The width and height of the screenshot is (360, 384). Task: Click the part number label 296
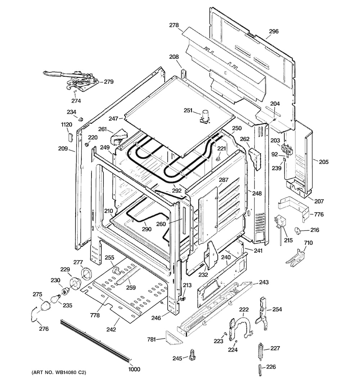pyautogui.click(x=274, y=31)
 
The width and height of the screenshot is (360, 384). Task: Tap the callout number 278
pyautogui.click(x=174, y=25)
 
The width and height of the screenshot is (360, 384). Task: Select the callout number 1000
pyautogui.click(x=134, y=369)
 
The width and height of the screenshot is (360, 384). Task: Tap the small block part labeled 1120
pyautogui.click(x=70, y=137)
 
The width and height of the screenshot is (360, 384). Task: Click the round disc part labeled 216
pyautogui.click(x=298, y=230)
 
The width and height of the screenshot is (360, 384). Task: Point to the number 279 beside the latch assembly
pyautogui.click(x=109, y=82)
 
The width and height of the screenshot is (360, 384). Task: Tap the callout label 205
pyautogui.click(x=324, y=162)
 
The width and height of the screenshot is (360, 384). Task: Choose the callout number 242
pyautogui.click(x=111, y=329)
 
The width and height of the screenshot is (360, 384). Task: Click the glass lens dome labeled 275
pyautogui.click(x=45, y=306)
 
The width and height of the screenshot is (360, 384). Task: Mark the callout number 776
pyautogui.click(x=319, y=214)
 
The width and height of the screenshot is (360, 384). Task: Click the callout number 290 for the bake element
pyautogui.click(x=147, y=229)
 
